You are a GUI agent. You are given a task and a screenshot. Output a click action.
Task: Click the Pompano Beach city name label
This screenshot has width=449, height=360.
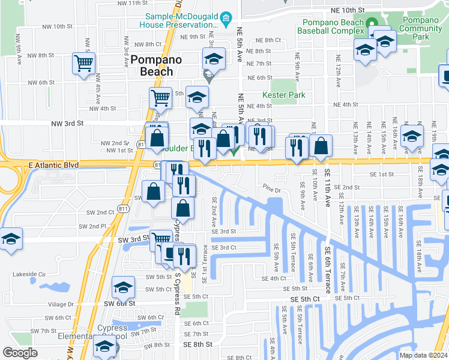click(x=152, y=65)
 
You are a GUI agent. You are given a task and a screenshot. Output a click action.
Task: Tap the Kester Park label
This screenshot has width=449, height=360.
click(x=284, y=95)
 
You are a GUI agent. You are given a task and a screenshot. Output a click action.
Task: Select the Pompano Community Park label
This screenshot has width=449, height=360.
click(x=420, y=28)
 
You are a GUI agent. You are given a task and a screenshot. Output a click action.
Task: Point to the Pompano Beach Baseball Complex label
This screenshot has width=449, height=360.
click(x=331, y=26)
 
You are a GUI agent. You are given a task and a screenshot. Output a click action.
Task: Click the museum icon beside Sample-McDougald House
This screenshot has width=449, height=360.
click(x=226, y=20)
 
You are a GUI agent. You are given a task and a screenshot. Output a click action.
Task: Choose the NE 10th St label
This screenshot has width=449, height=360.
click(x=348, y=11)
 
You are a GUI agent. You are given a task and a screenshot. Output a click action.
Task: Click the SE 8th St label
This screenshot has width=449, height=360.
click(x=198, y=344)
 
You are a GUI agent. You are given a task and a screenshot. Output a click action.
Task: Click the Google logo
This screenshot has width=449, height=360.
click(x=20, y=353)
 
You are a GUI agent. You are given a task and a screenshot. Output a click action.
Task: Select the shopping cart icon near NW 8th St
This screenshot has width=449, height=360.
click(x=83, y=63)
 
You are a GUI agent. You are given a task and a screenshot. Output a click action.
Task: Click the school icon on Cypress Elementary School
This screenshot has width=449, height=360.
click(x=104, y=346)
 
